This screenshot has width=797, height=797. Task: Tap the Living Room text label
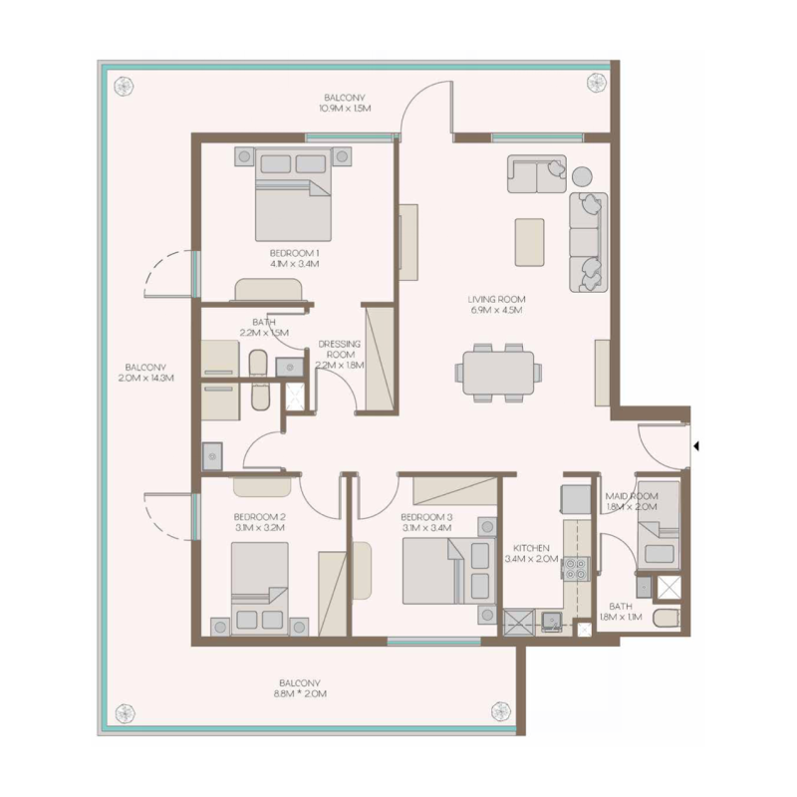[497, 299]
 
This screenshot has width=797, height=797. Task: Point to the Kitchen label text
[532, 548]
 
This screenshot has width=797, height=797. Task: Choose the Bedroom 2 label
[260, 517]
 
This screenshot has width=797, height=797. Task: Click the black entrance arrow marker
[696, 446]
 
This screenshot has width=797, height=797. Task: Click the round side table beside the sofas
[582, 176]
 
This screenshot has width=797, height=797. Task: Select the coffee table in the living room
[529, 241]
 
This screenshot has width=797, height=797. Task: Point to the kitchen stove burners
[576, 569]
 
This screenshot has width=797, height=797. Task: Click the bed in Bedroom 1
[293, 191]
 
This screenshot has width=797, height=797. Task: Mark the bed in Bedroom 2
[260, 588]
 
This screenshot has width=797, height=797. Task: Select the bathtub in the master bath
[257, 380]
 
